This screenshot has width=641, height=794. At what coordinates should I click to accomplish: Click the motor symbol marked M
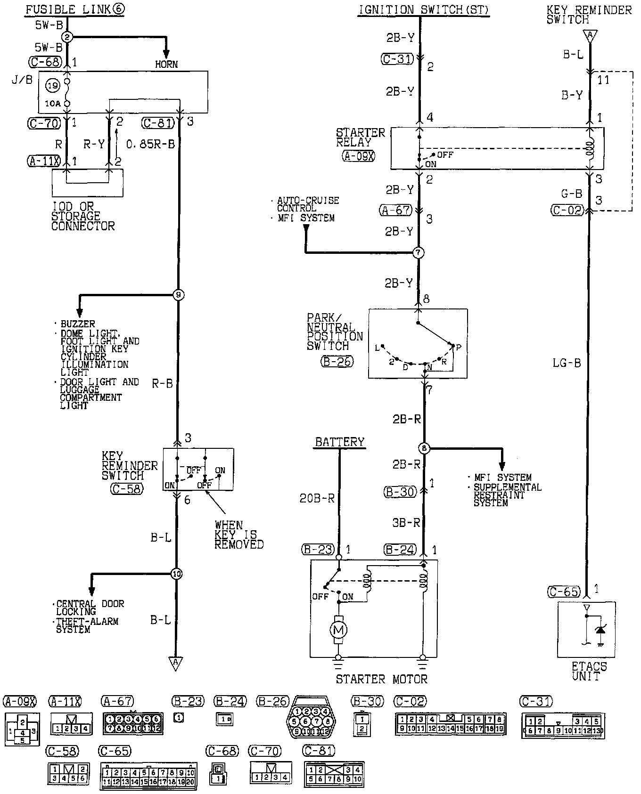pos(339,630)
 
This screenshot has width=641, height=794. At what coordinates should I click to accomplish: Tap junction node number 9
pos(178,295)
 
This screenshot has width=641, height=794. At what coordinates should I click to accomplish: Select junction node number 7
pos(419,253)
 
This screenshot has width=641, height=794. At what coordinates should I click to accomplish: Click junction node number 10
pos(177,574)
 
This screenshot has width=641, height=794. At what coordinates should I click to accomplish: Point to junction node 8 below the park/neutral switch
pos(424,448)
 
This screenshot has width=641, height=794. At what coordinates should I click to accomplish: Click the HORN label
pos(166,64)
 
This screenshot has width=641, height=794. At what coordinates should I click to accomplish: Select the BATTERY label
pos(339,442)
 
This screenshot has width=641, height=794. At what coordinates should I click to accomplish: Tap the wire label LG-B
pos(567,363)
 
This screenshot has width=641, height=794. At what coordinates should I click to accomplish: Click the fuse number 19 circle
pos(52,86)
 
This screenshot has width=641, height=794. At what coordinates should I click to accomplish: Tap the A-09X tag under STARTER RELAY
pos(359,156)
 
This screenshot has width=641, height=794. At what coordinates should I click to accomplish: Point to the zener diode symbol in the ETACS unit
pos(600,630)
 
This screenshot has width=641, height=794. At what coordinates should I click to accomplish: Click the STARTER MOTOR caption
pos(381,679)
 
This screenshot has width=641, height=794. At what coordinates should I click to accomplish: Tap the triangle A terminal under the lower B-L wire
pos(176,664)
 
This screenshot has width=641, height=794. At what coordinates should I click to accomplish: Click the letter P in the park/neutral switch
pos(458,348)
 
